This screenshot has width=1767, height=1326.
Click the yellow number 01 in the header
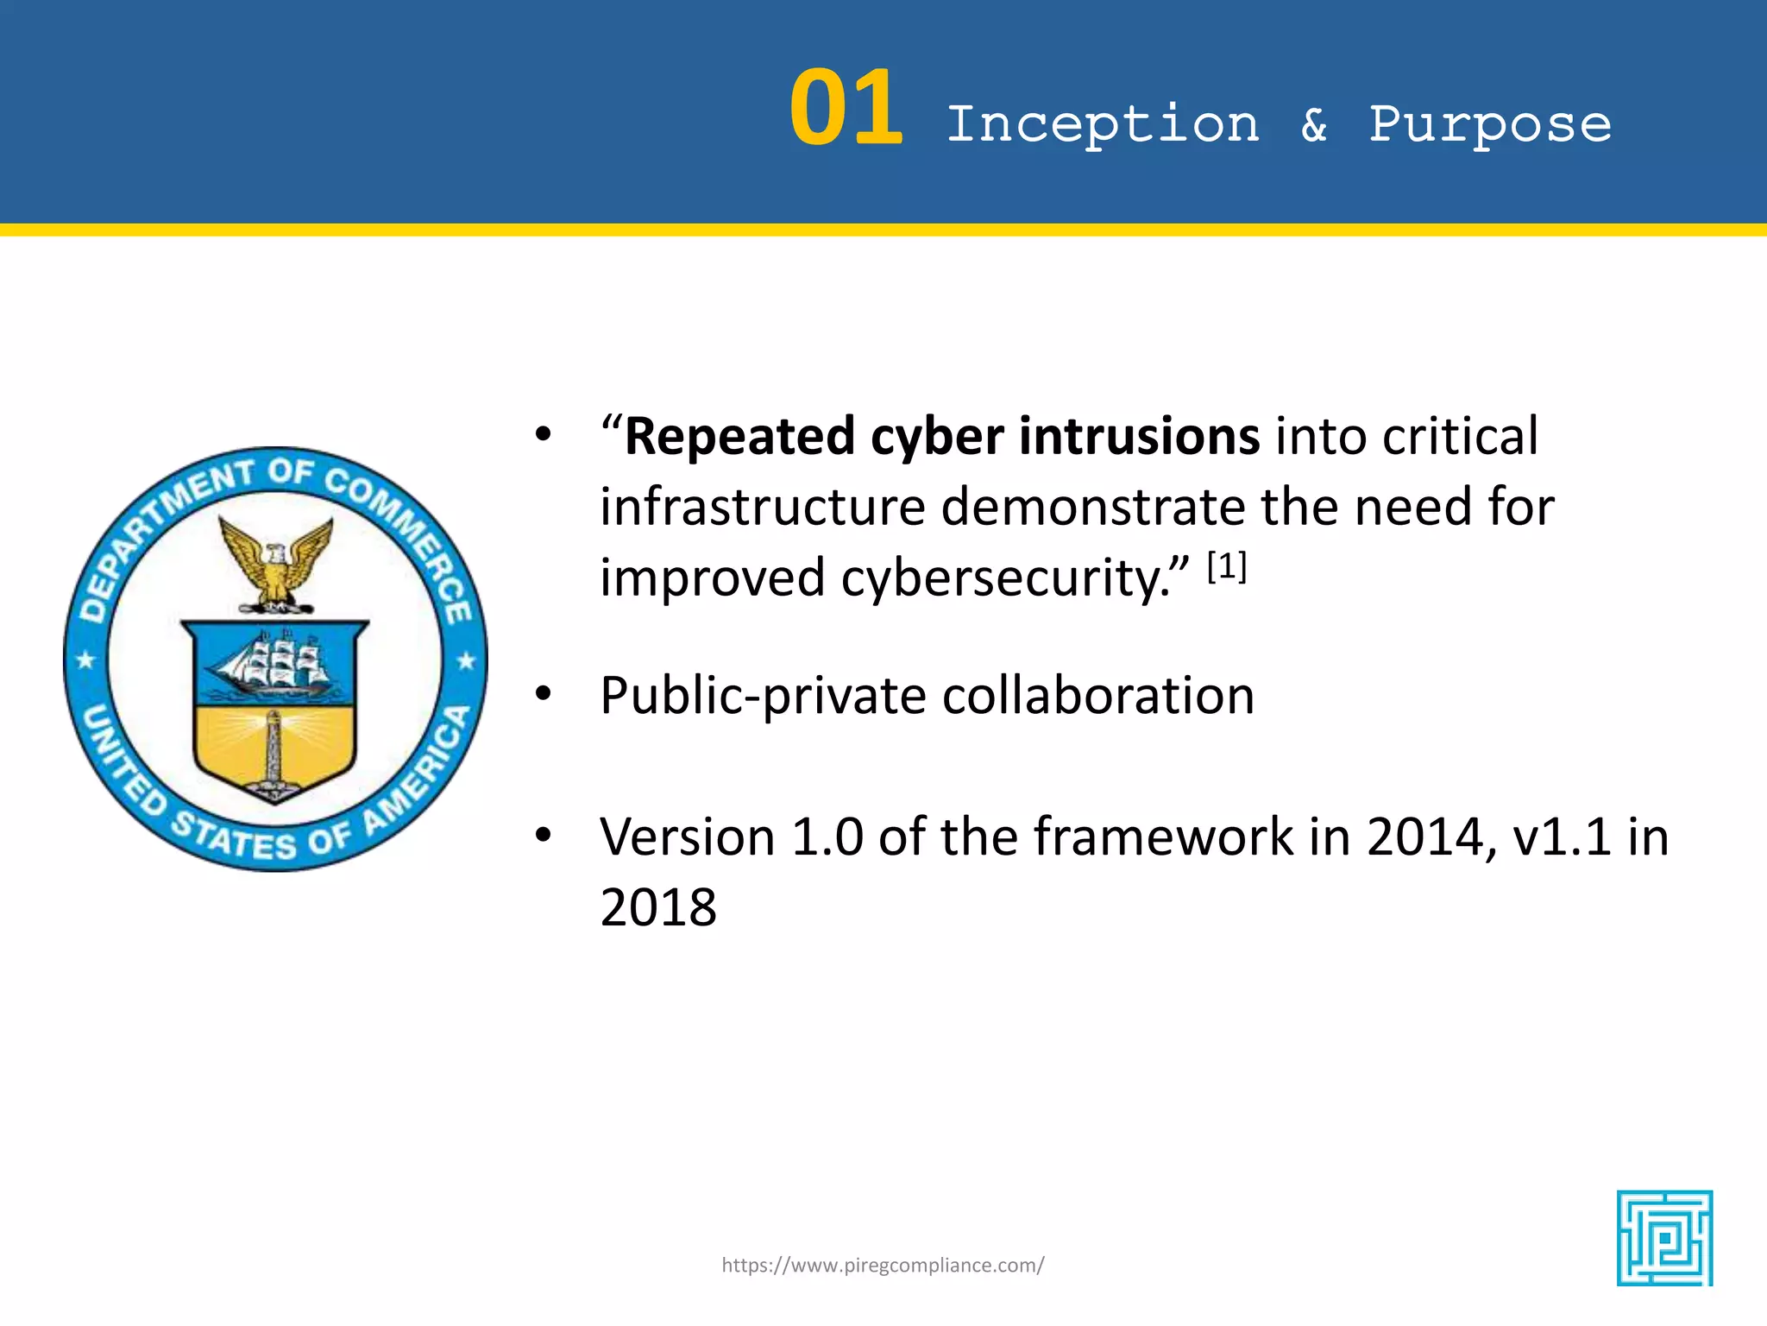(x=846, y=110)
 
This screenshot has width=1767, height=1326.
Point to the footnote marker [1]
(x=1226, y=567)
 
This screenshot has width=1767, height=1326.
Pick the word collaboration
(x=1097, y=696)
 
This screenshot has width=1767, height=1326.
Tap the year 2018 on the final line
(x=657, y=908)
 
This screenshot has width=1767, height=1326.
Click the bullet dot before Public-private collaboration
(x=543, y=693)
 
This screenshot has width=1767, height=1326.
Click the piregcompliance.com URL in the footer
(x=883, y=1266)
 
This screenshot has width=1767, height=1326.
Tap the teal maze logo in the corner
(x=1664, y=1238)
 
